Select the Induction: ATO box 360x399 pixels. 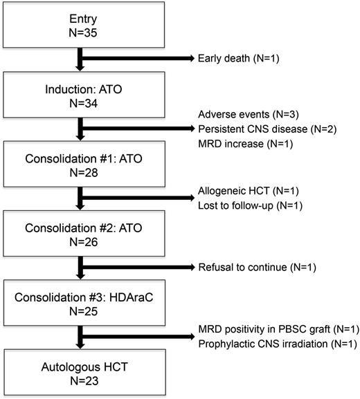point(82,93)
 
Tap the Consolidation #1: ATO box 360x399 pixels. point(82,163)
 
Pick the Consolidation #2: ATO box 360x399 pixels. point(82,232)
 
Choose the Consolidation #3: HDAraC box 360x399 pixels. point(82,302)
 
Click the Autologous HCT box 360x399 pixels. point(82,372)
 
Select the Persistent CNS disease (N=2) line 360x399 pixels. point(267,129)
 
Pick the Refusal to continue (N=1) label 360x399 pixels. point(252,268)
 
